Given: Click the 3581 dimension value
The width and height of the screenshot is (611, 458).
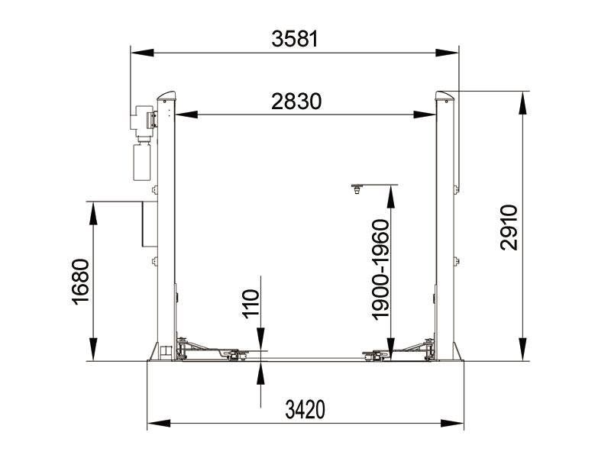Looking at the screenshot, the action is point(295,39).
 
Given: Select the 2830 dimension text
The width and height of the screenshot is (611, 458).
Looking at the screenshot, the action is point(296,102).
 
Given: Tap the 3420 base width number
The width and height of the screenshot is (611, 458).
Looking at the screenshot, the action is point(305,410).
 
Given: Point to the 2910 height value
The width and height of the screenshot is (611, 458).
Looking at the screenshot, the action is point(509,227).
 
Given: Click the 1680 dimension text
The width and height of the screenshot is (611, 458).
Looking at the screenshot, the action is point(80,282).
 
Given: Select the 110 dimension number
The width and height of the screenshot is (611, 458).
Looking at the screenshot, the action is point(251,304).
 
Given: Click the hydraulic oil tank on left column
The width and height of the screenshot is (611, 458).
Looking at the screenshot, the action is point(142,162).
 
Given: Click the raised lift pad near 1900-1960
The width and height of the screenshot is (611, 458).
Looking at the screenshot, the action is point(357,189).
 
